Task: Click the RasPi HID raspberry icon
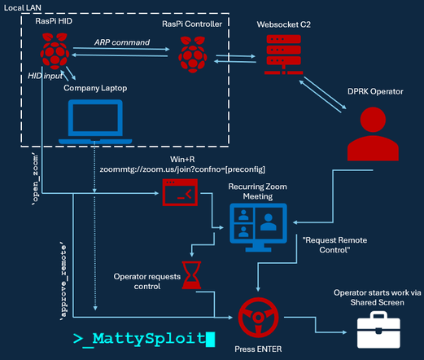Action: pos(55,51)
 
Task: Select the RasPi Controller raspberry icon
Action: pos(193,55)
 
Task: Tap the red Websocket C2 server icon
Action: pos(284,55)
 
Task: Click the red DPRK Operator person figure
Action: pos(373,134)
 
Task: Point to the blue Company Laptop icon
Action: pos(95,122)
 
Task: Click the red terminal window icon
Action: pos(180,192)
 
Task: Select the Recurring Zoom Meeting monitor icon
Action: pos(258,227)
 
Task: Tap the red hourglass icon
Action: pos(191,275)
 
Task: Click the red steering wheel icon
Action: pos(258,318)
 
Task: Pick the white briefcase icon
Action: pos(378,330)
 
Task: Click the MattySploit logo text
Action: pos(144,339)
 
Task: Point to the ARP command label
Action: pos(122,42)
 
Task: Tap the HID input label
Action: pos(45,76)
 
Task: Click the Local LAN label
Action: pos(23,8)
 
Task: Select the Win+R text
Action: pos(182,160)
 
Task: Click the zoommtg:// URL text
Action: pos(182,169)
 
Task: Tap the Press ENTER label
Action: pos(258,349)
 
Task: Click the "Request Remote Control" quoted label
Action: pos(334,245)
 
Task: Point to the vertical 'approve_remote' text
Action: pos(63,282)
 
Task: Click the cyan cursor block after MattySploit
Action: pos(211,340)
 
